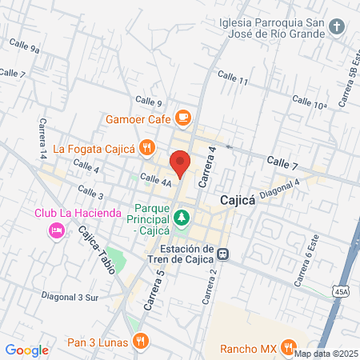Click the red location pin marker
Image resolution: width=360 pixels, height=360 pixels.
point(181,162)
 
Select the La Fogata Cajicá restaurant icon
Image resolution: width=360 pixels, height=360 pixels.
point(146,146)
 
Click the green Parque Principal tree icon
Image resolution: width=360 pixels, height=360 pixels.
point(182,216)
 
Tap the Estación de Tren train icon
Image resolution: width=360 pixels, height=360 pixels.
point(225,254)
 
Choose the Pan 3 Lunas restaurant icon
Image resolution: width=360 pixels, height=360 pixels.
point(140,340)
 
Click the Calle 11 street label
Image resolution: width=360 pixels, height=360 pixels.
point(233,78)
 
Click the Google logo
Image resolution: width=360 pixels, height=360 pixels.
point(26,350)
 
